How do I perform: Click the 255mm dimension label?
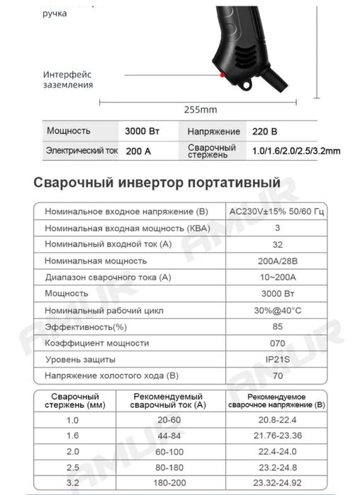click(201, 110)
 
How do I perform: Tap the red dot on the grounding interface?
click(223, 74)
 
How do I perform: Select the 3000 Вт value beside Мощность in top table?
click(144, 131)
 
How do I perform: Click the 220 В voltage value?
click(264, 131)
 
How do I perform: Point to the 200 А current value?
click(139, 151)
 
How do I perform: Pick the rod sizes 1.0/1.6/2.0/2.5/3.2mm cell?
click(296, 151)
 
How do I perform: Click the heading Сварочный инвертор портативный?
click(157, 183)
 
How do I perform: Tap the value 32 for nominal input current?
click(277, 244)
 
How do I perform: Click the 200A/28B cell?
click(277, 260)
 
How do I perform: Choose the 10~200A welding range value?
click(277, 276)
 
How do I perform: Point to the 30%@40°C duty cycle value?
click(277, 309)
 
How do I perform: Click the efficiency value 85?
click(277, 326)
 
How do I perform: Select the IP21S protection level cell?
click(277, 359)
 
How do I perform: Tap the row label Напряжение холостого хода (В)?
click(111, 375)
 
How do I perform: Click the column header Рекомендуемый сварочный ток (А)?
click(169, 400)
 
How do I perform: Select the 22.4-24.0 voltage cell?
click(276, 451)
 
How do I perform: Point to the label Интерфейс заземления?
click(67, 79)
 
